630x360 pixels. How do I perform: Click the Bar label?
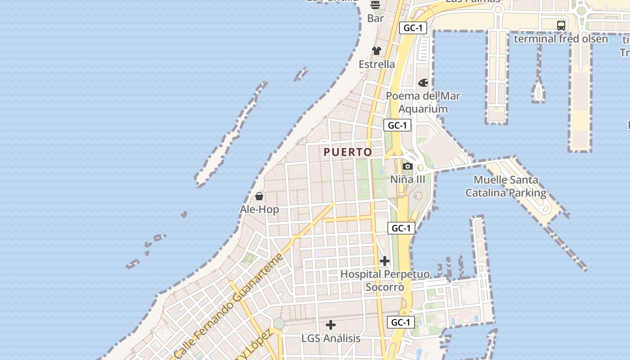tap(376, 18)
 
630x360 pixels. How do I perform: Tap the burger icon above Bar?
tap(375, 5)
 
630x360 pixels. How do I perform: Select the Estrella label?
tap(377, 64)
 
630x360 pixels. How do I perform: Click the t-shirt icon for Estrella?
tap(377, 51)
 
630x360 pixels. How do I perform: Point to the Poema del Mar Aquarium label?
tap(423, 102)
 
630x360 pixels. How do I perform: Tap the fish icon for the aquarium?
tap(423, 83)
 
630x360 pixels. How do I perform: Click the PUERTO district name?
tap(348, 152)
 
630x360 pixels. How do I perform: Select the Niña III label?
tap(407, 179)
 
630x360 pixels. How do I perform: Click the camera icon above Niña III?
tap(408, 166)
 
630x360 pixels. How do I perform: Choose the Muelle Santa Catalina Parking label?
tap(506, 186)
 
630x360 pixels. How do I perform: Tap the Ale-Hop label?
tap(259, 209)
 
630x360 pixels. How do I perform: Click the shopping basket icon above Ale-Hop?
tap(259, 196)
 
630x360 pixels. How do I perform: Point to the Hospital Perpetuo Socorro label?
tap(385, 280)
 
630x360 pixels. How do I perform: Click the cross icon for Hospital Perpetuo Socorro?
tap(385, 261)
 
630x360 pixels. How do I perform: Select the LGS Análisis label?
tap(331, 338)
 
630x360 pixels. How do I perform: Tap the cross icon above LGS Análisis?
tap(331, 324)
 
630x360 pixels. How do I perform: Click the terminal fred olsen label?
tap(561, 39)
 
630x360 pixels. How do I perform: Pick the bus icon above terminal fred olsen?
tap(561, 26)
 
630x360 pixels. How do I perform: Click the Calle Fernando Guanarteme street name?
tap(229, 306)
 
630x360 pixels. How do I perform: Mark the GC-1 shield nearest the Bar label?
tap(413, 28)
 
